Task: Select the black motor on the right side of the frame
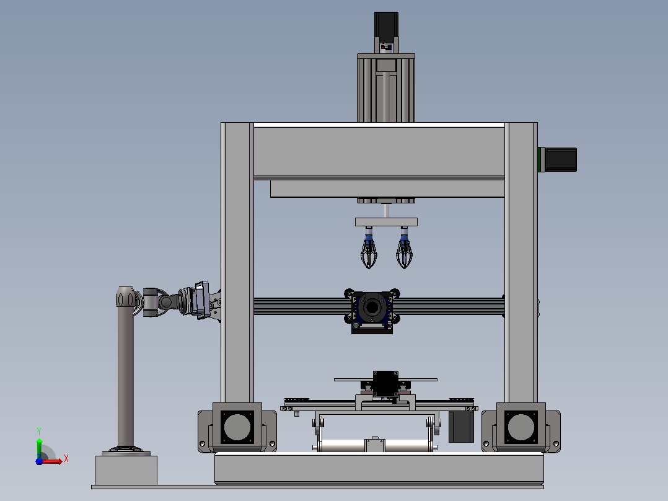[561, 159]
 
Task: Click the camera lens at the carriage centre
[372, 307]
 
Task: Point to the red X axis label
[66, 459]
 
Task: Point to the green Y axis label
[39, 432]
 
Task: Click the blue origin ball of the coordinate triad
[39, 461]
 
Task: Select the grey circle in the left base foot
[237, 427]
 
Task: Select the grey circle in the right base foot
[521, 427]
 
